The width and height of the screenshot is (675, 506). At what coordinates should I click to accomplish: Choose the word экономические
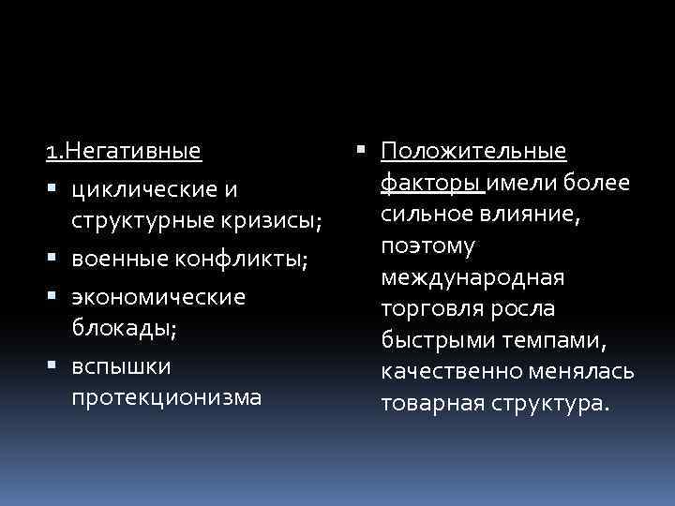(x=157, y=297)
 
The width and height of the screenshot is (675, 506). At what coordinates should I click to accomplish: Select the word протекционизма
(x=166, y=398)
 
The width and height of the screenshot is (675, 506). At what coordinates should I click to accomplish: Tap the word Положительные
(x=473, y=151)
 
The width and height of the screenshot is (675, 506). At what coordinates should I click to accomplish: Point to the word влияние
(x=531, y=214)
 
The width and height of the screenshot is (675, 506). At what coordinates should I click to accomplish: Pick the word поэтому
(x=428, y=246)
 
